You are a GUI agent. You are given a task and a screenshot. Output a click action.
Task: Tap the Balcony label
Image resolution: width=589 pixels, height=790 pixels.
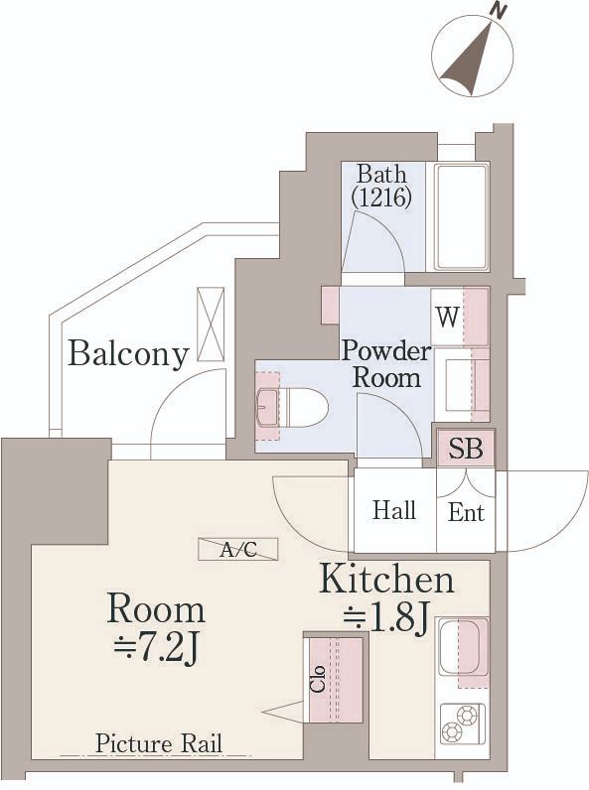pos(128,353)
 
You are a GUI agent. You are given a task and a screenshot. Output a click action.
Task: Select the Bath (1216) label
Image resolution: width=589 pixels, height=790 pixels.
pos(382,186)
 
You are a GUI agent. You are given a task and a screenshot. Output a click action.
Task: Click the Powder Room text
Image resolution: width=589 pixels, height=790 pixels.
pos(386,364)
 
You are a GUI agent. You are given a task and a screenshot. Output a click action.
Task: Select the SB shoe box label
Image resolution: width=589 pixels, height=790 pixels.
pos(465,449)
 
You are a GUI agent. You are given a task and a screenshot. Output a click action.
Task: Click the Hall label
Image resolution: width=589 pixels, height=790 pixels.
pos(394,511)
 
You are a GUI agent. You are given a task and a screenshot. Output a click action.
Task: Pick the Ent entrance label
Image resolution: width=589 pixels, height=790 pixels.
pos(466,512)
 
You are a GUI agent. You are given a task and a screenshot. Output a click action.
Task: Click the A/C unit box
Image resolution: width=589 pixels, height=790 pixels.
pos(237,549)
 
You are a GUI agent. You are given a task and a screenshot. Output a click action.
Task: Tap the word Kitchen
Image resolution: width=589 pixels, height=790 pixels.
pos(386,579)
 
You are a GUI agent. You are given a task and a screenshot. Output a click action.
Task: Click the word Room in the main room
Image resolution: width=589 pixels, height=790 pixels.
pos(156,607)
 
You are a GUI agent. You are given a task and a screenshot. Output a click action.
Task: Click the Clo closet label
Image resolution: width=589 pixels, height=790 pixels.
pos(318,680)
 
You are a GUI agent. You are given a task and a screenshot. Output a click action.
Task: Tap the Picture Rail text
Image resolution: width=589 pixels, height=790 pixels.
pos(158,743)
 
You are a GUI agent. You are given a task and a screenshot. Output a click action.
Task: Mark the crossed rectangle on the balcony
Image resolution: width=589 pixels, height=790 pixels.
pos(211,324)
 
